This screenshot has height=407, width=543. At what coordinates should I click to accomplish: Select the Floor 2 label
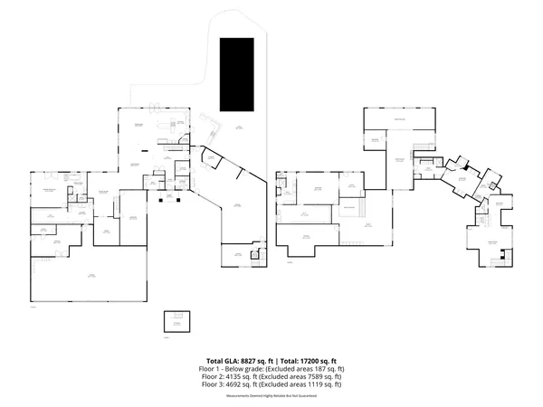pos(211,377)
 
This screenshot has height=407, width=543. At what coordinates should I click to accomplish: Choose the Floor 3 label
pos(211,385)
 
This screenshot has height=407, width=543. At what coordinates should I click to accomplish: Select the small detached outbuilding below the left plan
pos(177,321)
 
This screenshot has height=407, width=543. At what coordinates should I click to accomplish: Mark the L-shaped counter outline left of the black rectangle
pos(210,123)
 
